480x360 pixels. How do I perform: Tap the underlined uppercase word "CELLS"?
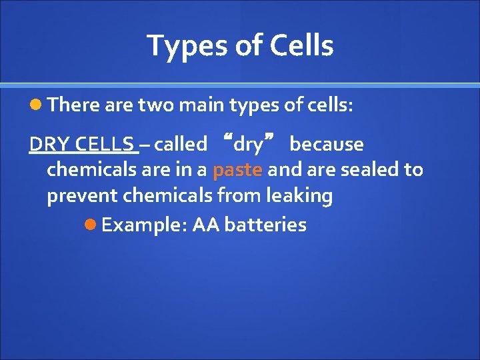pyautogui.click(x=105, y=144)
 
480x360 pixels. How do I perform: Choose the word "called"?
pyautogui.click(x=180, y=144)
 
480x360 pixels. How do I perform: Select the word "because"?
pyautogui.click(x=327, y=144)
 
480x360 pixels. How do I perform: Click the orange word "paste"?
pyautogui.click(x=237, y=170)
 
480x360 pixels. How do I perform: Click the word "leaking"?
pyautogui.click(x=299, y=196)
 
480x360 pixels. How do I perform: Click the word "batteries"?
pyautogui.click(x=265, y=225)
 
